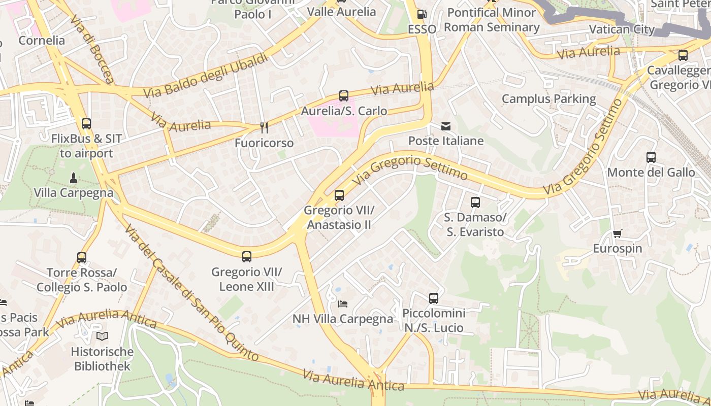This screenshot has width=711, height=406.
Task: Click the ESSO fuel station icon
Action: tap(421, 14)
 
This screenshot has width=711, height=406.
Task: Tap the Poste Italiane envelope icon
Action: tap(446, 126)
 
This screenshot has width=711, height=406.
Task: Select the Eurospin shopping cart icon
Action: tap(617, 234)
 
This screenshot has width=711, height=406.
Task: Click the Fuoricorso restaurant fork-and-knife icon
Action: tap(264, 128)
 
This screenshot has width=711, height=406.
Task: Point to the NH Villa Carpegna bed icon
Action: tap(343, 304)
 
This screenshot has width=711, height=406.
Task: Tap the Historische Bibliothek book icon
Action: tap(102, 336)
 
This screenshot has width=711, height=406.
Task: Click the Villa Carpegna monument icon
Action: tap(74, 178)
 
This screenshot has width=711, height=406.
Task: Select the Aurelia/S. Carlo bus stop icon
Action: tap(344, 96)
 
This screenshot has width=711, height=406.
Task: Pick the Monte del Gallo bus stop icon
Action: tap(651, 157)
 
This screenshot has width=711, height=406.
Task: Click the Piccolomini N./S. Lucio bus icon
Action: tap(433, 298)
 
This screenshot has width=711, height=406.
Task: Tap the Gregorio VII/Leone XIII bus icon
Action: tap(247, 257)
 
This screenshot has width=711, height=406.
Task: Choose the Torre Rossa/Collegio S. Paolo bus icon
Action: tap(82, 258)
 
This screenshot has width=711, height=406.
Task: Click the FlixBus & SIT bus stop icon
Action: tap(86, 124)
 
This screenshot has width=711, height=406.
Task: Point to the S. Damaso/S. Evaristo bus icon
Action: tap(475, 202)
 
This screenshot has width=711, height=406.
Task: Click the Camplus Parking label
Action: tap(548, 99)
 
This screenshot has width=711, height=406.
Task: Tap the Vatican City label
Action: tap(622, 29)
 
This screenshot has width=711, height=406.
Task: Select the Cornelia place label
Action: tap(42, 41)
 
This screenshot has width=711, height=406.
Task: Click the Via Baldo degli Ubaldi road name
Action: tap(205, 76)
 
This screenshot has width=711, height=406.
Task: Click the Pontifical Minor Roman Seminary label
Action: tap(492, 20)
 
